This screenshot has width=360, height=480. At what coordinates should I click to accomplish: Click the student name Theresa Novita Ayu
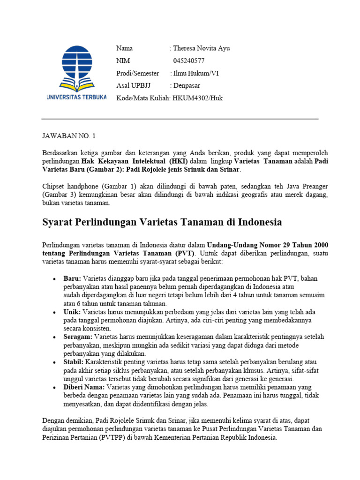pyautogui.click(x=201, y=48)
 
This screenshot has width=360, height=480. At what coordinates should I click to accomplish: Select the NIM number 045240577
pyautogui.click(x=189, y=61)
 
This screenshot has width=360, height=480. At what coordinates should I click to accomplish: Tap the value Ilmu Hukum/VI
pyautogui.click(x=196, y=73)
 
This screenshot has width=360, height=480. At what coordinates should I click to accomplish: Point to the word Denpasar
pyautogui.click(x=187, y=85)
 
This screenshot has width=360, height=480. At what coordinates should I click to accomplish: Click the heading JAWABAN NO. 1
pyautogui.click(x=68, y=136)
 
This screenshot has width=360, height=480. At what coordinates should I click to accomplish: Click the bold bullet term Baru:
pyautogui.click(x=72, y=278)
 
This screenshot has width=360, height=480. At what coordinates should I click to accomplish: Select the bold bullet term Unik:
pyautogui.click(x=72, y=312)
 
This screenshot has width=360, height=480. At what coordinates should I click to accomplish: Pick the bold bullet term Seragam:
pyautogui.click(x=78, y=337)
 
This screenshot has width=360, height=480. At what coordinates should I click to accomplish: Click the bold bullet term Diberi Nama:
pyautogui.click(x=84, y=387)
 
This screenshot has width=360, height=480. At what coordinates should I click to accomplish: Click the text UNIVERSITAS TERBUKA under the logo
pyautogui.click(x=76, y=97)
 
